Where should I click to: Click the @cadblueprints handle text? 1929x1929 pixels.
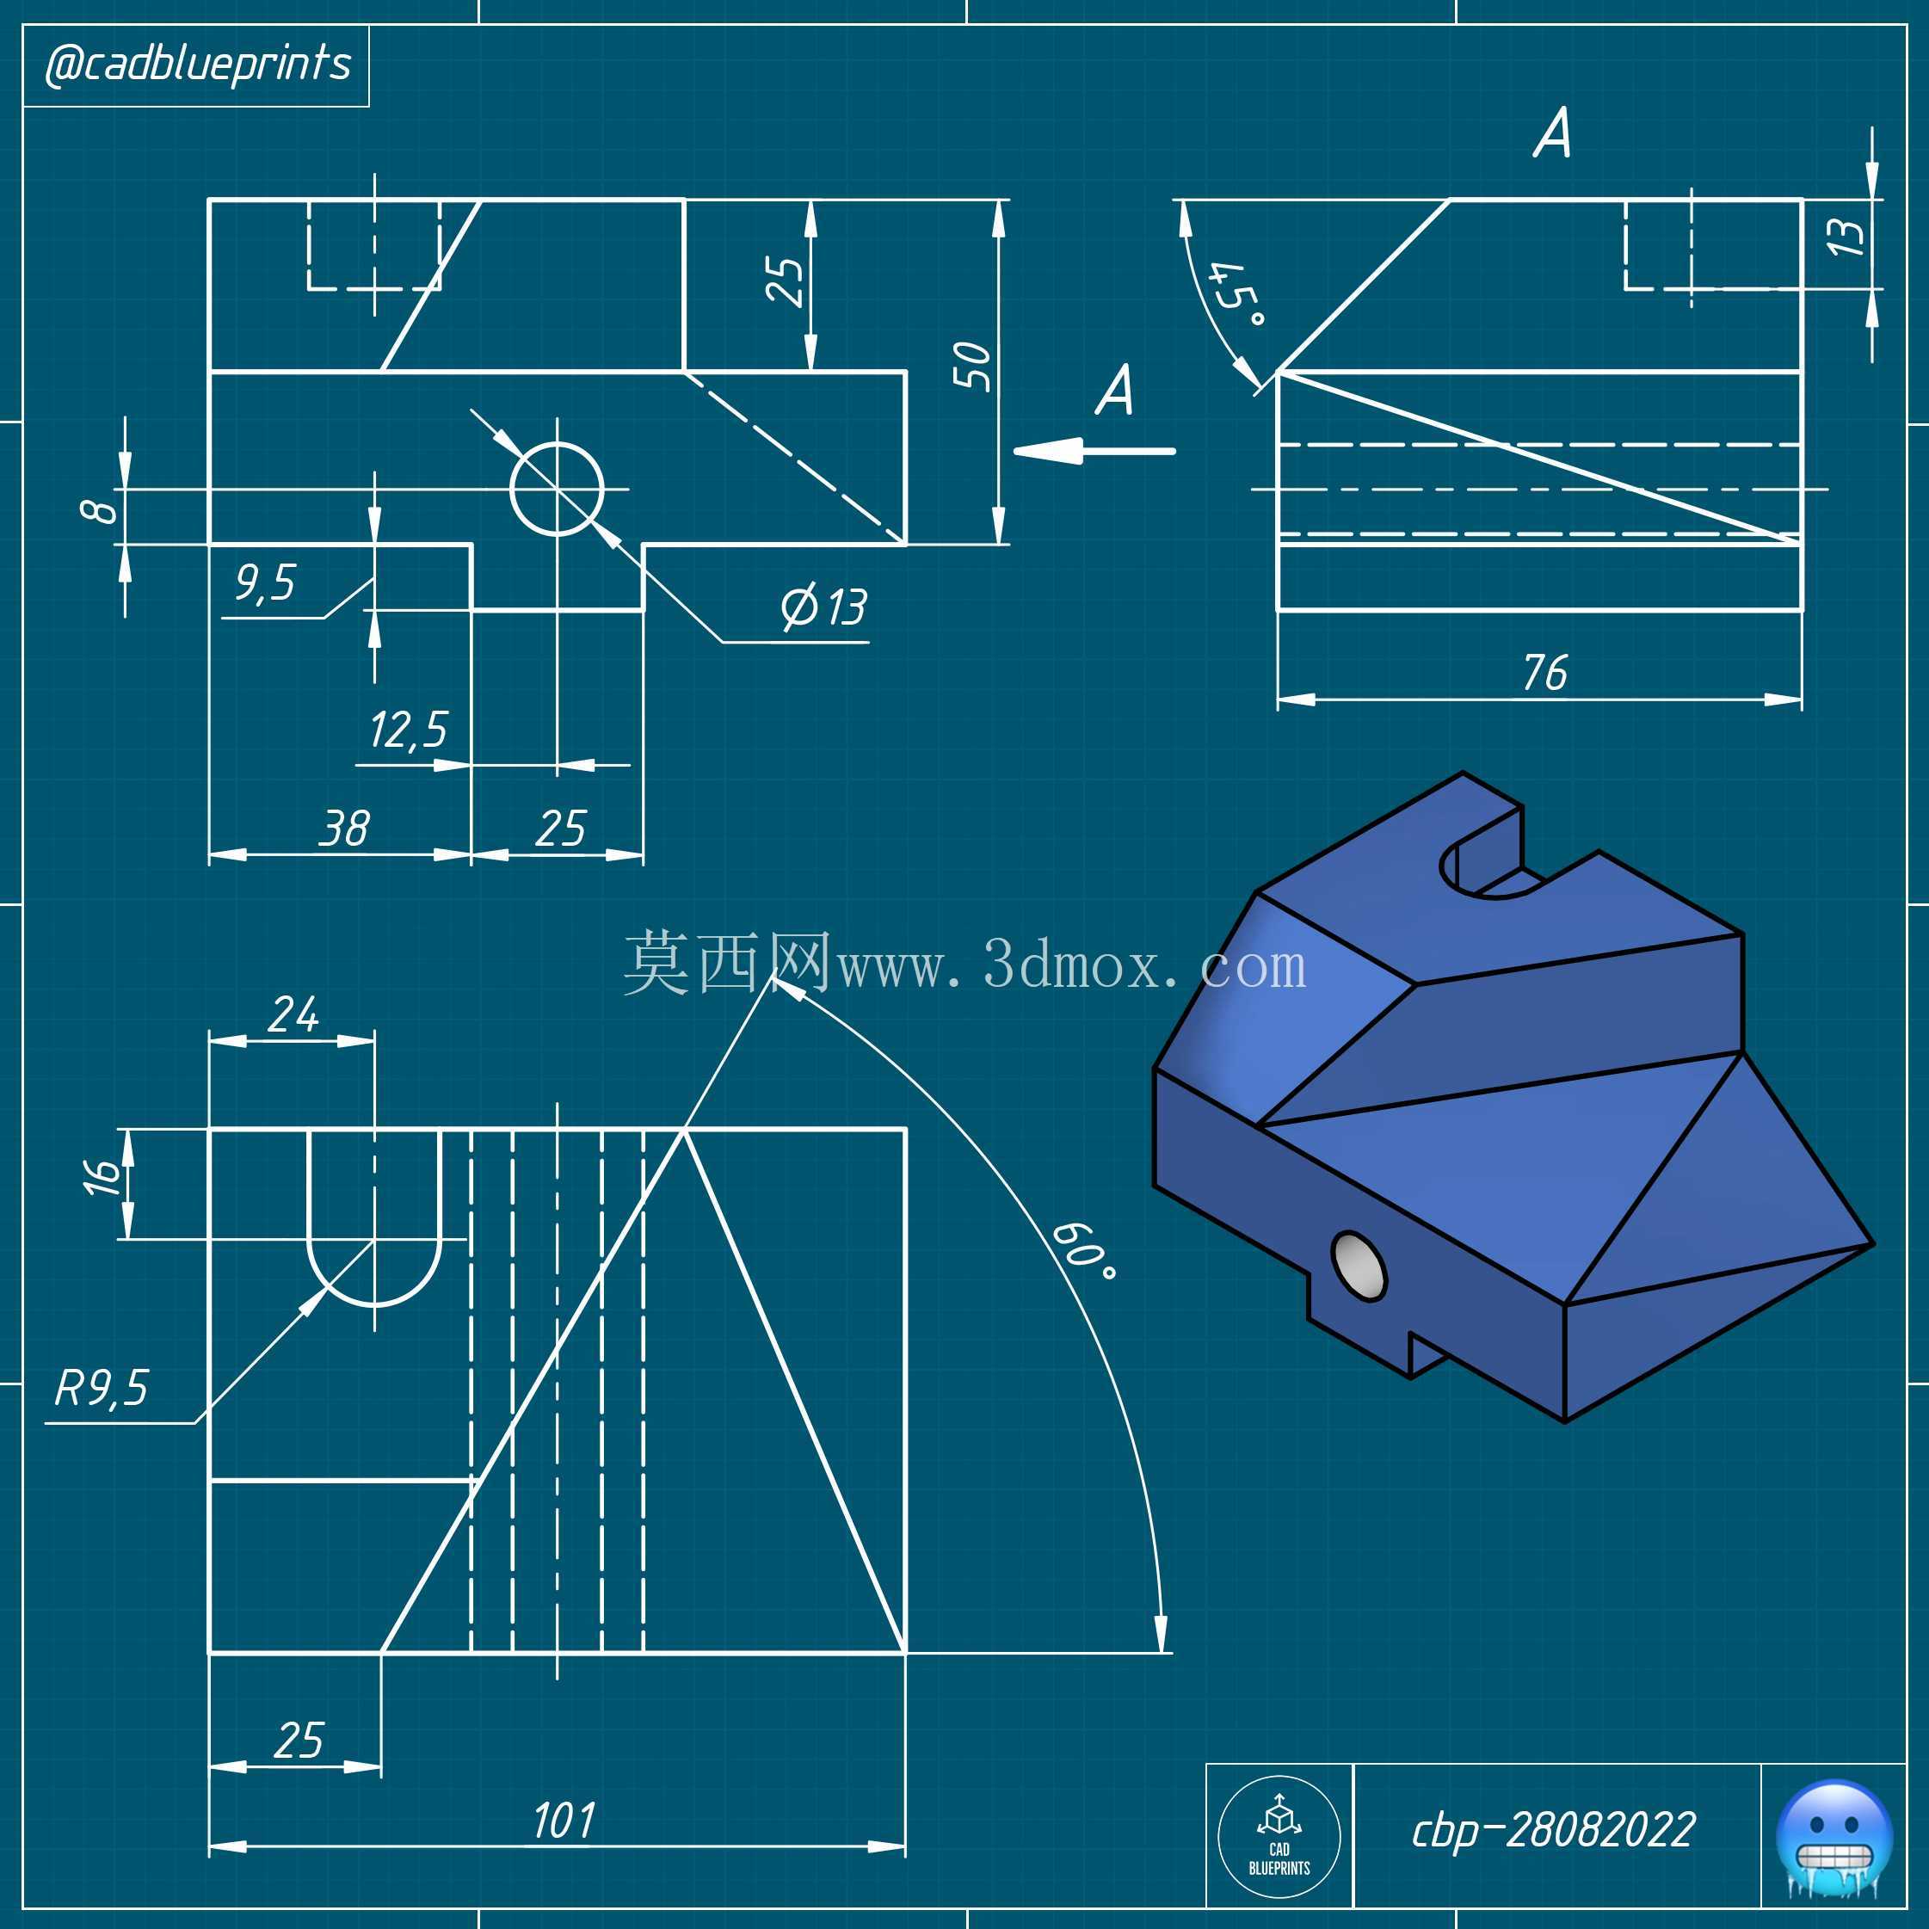(198, 65)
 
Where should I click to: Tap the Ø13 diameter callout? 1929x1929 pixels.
(823, 606)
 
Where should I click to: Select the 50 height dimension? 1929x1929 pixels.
(971, 366)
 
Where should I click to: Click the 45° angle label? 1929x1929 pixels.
(1238, 294)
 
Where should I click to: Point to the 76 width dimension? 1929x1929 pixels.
(1544, 672)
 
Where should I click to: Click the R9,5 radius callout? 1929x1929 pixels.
(101, 1388)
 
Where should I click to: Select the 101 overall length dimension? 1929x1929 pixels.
(564, 1821)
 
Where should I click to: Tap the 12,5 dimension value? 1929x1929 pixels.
(409, 730)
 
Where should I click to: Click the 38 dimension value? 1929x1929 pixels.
(344, 828)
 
